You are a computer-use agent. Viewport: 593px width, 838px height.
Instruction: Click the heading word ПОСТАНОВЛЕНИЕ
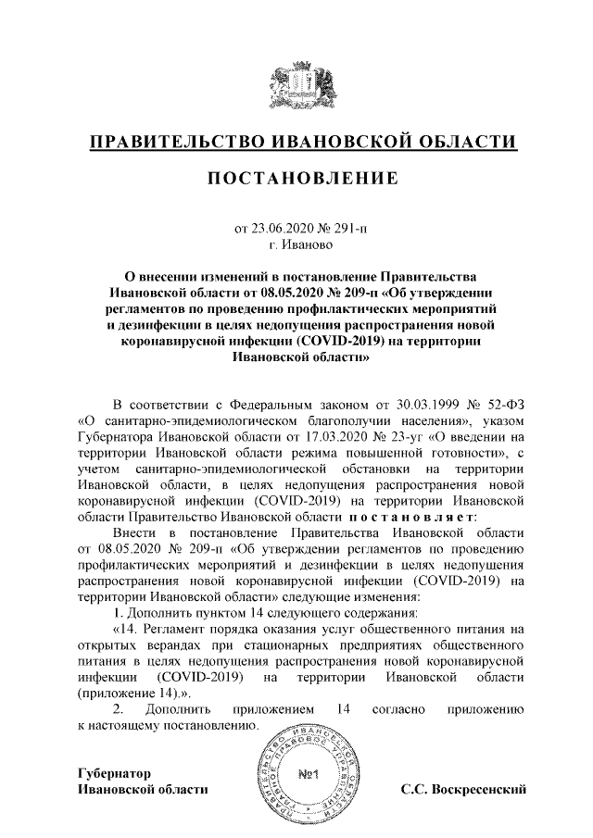[296, 177]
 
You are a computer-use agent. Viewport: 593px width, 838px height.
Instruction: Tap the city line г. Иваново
[296, 244]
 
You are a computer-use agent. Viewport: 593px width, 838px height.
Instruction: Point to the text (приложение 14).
[123, 694]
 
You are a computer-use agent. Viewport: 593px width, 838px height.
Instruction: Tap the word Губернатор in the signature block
[114, 772]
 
